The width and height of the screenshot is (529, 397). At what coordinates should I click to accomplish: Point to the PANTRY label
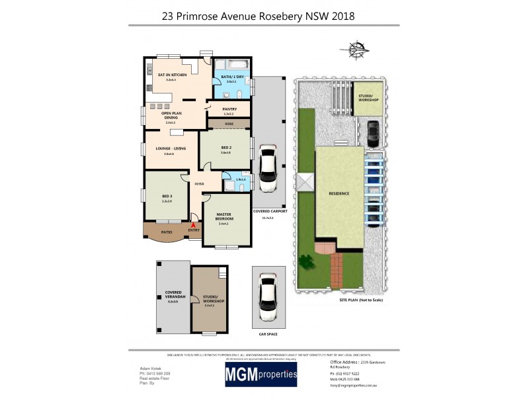click(x=229, y=109)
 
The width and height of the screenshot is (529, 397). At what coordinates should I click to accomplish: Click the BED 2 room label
click(x=225, y=149)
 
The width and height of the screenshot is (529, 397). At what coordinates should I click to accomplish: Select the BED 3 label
click(x=167, y=197)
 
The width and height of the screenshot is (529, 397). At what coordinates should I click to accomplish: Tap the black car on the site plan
click(x=372, y=134)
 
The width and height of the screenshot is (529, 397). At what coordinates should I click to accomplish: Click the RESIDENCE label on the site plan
click(x=339, y=193)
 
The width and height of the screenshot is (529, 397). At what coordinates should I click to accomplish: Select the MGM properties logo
click(x=261, y=375)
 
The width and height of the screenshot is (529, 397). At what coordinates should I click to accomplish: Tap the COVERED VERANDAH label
click(x=173, y=296)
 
